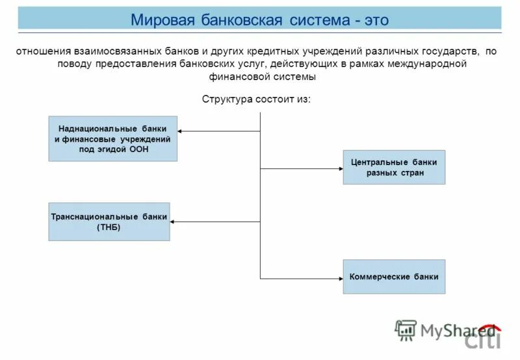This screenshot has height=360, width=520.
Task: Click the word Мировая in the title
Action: pos(160,19)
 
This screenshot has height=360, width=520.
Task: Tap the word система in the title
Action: pos(318,19)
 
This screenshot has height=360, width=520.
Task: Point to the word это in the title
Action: pos(376,19)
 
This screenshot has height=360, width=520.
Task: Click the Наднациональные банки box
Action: pos(112,139)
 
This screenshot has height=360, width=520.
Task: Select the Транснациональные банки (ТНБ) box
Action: pos(109,222)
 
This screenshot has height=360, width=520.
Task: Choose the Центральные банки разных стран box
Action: pos(394,167)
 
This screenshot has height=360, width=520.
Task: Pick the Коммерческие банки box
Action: pos(394,276)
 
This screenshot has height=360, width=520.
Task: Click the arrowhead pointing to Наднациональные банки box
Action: pos(181,131)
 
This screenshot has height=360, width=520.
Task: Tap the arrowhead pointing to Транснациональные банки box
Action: pos(174,222)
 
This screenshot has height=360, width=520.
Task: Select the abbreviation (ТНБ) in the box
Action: pos(109,227)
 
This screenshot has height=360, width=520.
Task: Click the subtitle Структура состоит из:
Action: pos(257,99)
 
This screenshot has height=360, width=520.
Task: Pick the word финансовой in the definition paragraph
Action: pos(237,76)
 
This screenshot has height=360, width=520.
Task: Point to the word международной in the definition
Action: pos(426,64)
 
